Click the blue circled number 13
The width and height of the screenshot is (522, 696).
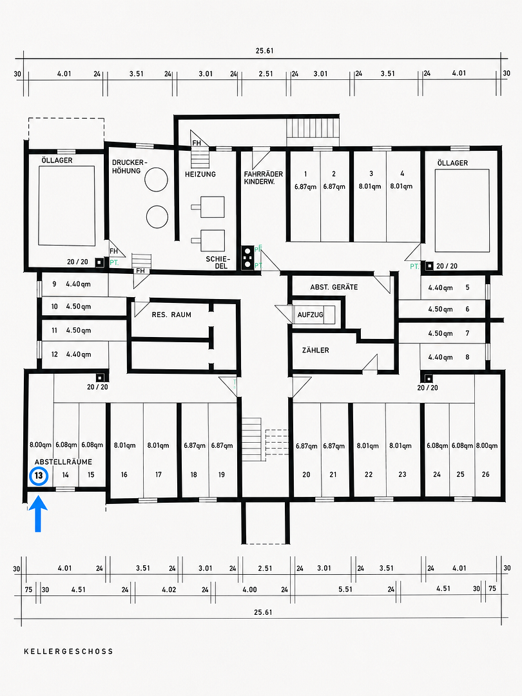pyautogui.click(x=39, y=476)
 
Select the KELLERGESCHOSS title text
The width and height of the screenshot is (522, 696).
pyautogui.click(x=69, y=652)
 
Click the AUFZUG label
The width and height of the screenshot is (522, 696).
pyautogui.click(x=310, y=314)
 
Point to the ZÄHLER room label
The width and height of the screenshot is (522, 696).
pyautogui.click(x=316, y=350)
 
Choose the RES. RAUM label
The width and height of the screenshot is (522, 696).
pyautogui.click(x=171, y=314)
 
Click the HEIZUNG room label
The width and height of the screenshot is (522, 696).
pyautogui.click(x=200, y=174)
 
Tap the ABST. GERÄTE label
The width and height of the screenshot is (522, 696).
pyautogui.click(x=334, y=287)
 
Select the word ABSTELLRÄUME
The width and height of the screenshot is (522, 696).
pyautogui.click(x=63, y=462)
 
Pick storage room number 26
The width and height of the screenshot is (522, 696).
pyautogui.click(x=486, y=474)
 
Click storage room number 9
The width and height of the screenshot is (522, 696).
pyautogui.click(x=54, y=284)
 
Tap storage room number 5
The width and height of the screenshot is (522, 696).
pyautogui.click(x=467, y=287)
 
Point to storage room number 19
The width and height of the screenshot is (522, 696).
pyautogui.click(x=222, y=474)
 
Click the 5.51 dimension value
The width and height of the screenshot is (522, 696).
pyautogui.click(x=345, y=590)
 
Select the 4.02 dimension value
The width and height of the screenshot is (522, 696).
pyautogui.click(x=169, y=590)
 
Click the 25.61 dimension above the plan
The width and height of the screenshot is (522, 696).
pyautogui.click(x=265, y=51)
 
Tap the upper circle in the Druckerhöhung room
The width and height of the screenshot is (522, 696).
pyautogui.click(x=157, y=179)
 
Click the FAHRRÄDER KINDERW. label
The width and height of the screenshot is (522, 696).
pyautogui.click(x=263, y=178)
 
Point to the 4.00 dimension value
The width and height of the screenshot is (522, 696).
pyautogui.click(x=249, y=590)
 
